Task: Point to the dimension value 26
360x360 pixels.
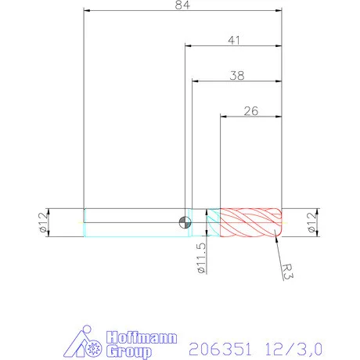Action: click(x=251, y=110)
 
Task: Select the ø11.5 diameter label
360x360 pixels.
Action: click(x=201, y=256)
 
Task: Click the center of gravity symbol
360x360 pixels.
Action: click(x=185, y=222)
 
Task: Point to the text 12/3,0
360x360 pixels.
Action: click(x=293, y=344)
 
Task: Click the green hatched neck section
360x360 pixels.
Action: click(x=213, y=222)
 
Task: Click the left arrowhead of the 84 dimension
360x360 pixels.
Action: click(x=87, y=11)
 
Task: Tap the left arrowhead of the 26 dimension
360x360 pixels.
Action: click(x=224, y=117)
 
